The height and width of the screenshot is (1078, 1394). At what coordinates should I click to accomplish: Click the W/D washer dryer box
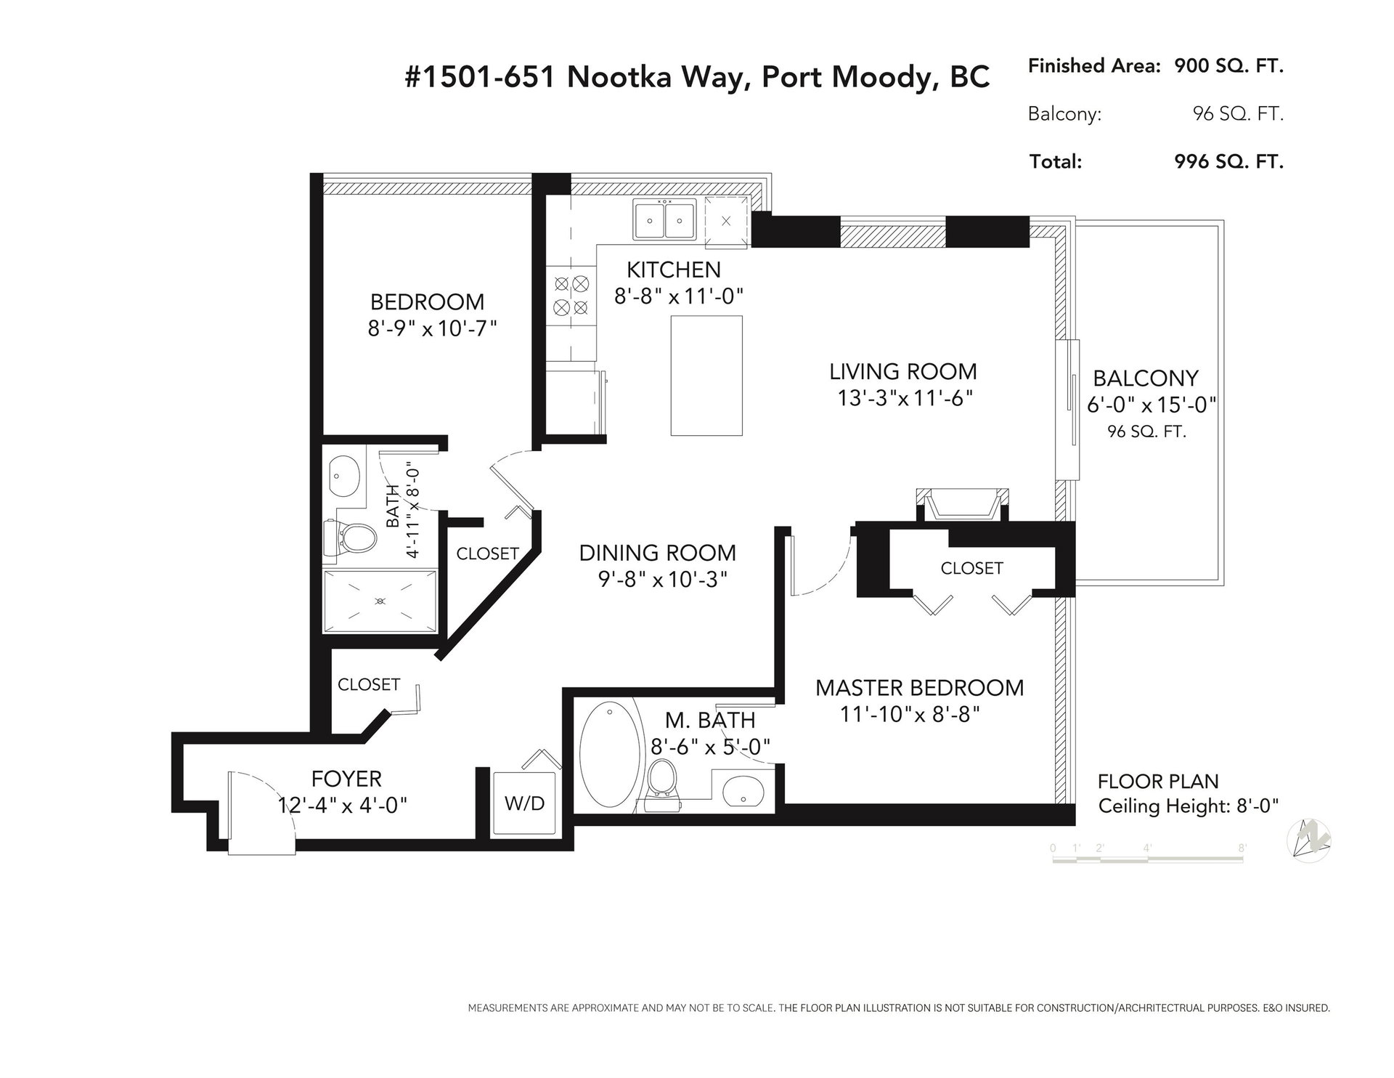point(525,803)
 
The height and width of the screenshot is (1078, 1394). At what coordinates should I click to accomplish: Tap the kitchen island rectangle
point(706,376)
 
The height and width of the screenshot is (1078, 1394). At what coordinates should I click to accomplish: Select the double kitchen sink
point(664,219)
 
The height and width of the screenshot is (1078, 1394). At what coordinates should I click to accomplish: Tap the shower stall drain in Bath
point(380,601)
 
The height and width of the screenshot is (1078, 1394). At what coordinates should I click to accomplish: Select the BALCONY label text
point(1146,378)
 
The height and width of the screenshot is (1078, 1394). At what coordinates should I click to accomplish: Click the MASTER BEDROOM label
point(919,688)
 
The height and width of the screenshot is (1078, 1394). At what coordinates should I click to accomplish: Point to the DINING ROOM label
point(658,553)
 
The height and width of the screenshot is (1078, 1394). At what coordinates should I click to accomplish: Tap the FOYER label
point(346,779)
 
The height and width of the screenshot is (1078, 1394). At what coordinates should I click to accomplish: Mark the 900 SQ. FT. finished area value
point(1228,66)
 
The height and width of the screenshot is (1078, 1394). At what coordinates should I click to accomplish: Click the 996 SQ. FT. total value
point(1228,161)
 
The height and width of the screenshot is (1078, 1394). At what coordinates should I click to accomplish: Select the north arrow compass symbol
point(1309,841)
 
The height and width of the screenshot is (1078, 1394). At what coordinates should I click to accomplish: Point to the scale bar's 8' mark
point(1242,848)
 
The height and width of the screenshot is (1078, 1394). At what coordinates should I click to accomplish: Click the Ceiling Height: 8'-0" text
point(1188,806)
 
